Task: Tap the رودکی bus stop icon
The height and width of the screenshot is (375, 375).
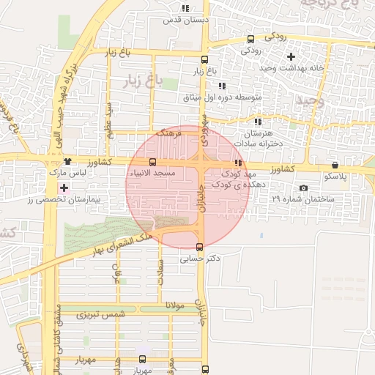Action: coord(251,39)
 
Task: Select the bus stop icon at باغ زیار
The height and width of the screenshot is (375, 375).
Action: coord(204,61)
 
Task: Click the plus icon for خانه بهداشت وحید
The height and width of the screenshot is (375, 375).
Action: coord(291,56)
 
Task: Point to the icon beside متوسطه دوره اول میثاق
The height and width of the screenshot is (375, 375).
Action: coord(223,86)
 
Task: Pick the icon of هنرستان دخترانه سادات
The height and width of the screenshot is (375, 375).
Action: coord(257,122)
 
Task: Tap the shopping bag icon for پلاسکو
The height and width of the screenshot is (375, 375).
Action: coord(335,166)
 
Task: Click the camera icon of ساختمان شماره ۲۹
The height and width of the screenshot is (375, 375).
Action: coord(304,188)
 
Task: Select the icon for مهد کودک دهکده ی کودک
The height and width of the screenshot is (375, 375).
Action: coord(238,163)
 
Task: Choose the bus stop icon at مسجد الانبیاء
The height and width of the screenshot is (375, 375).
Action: coord(152,162)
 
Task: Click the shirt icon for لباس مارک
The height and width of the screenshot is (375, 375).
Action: coord(67,162)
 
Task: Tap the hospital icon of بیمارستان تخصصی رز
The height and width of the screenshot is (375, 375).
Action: coord(64,188)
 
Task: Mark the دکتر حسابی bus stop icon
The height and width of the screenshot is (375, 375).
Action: coord(200,246)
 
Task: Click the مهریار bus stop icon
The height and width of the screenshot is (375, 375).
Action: coord(142,359)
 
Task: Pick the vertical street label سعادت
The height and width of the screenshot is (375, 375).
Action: coord(160,273)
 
